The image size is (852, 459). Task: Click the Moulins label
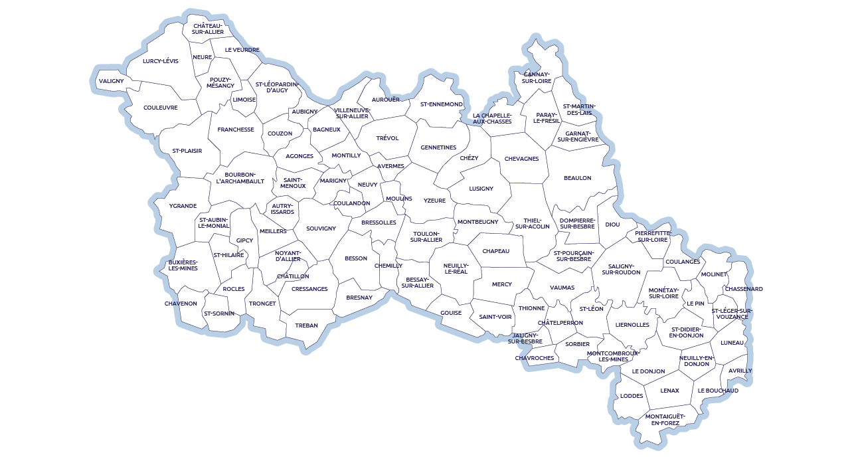(x=399, y=199)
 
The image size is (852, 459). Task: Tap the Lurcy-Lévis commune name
(x=161, y=61)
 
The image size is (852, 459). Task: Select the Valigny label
(x=112, y=81)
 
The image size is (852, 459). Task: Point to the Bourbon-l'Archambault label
(x=240, y=177)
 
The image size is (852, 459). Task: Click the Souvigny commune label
(x=321, y=229)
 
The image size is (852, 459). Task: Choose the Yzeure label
(x=434, y=201)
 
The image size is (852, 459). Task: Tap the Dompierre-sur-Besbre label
(x=577, y=223)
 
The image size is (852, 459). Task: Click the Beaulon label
(x=577, y=178)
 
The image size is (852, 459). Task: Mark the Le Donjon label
(x=648, y=371)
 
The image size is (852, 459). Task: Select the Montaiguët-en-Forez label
(x=665, y=419)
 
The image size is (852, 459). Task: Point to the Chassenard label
(x=743, y=290)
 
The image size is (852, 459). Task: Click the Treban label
(x=306, y=325)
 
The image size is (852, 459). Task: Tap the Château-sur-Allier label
(x=209, y=29)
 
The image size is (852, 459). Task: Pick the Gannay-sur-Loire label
(x=537, y=77)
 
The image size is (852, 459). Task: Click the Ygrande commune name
(x=183, y=206)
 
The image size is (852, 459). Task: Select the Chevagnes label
(x=521, y=159)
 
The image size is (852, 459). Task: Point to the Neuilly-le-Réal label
(x=456, y=268)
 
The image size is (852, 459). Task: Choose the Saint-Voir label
(x=495, y=317)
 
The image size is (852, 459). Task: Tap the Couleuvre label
(x=161, y=108)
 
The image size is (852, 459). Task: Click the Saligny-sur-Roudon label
(x=621, y=269)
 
